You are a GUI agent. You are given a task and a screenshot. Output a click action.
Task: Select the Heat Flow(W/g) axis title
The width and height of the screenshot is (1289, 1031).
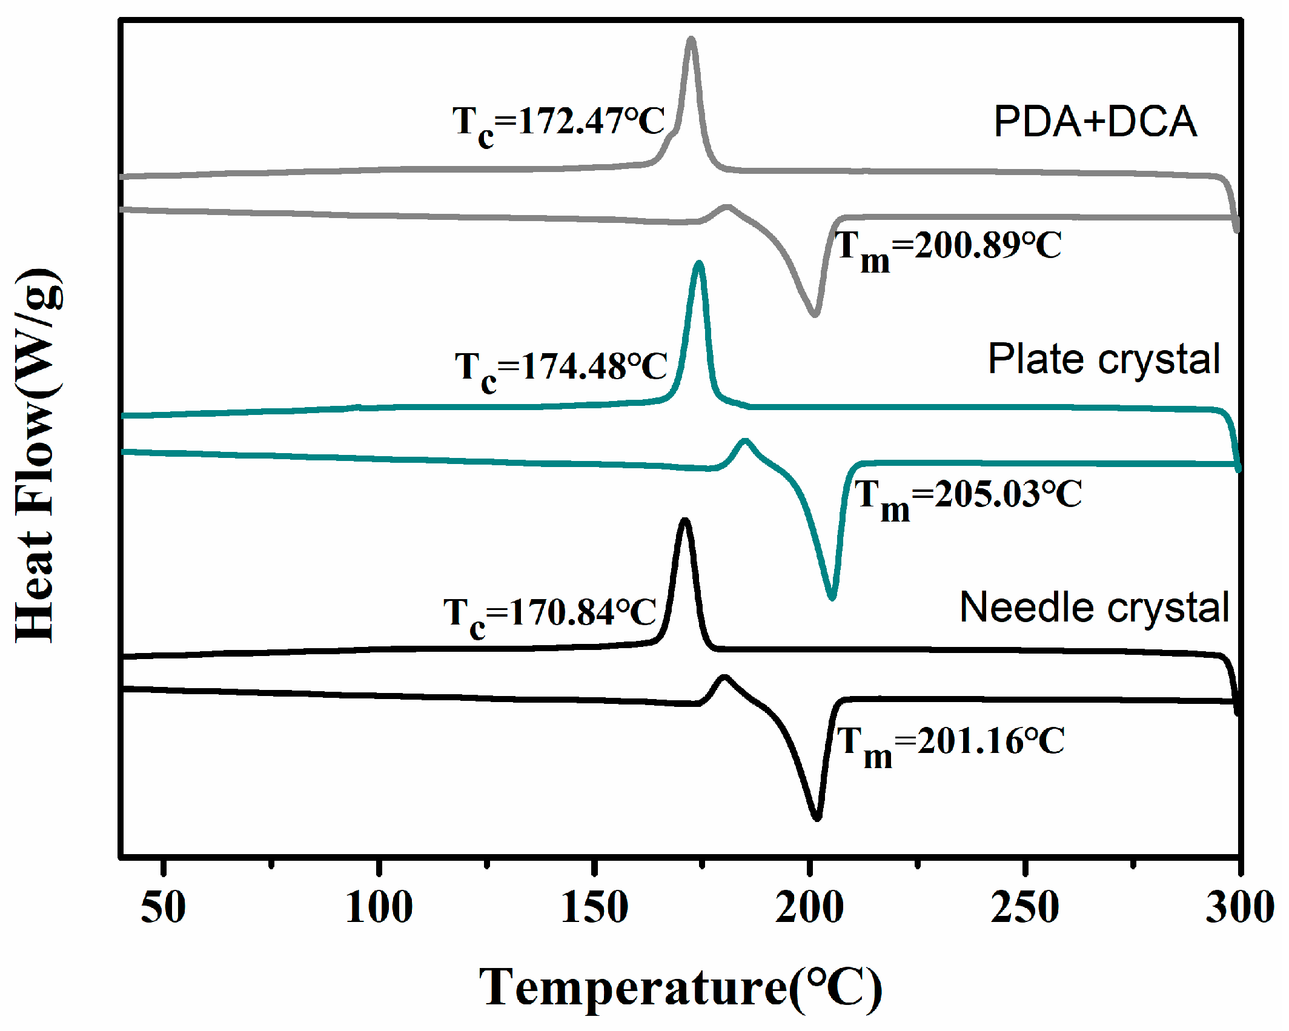coord(38,456)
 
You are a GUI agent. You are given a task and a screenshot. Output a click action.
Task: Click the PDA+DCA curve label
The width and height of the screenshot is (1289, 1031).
coord(1095,122)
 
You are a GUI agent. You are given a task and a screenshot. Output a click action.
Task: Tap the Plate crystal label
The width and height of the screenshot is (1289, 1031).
coord(1104,359)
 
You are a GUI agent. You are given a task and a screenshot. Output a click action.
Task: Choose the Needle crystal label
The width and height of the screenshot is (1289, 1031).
coord(1094,607)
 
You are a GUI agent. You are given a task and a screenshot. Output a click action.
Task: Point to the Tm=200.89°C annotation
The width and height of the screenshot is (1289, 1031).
coord(948,248)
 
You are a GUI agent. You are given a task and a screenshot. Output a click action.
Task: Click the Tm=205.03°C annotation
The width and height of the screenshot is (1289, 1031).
coord(968,497)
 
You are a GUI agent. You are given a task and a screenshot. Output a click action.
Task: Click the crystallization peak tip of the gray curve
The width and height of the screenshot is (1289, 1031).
coord(691,39)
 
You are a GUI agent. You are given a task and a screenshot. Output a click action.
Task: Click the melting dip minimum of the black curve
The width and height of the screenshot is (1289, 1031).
coord(817,818)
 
